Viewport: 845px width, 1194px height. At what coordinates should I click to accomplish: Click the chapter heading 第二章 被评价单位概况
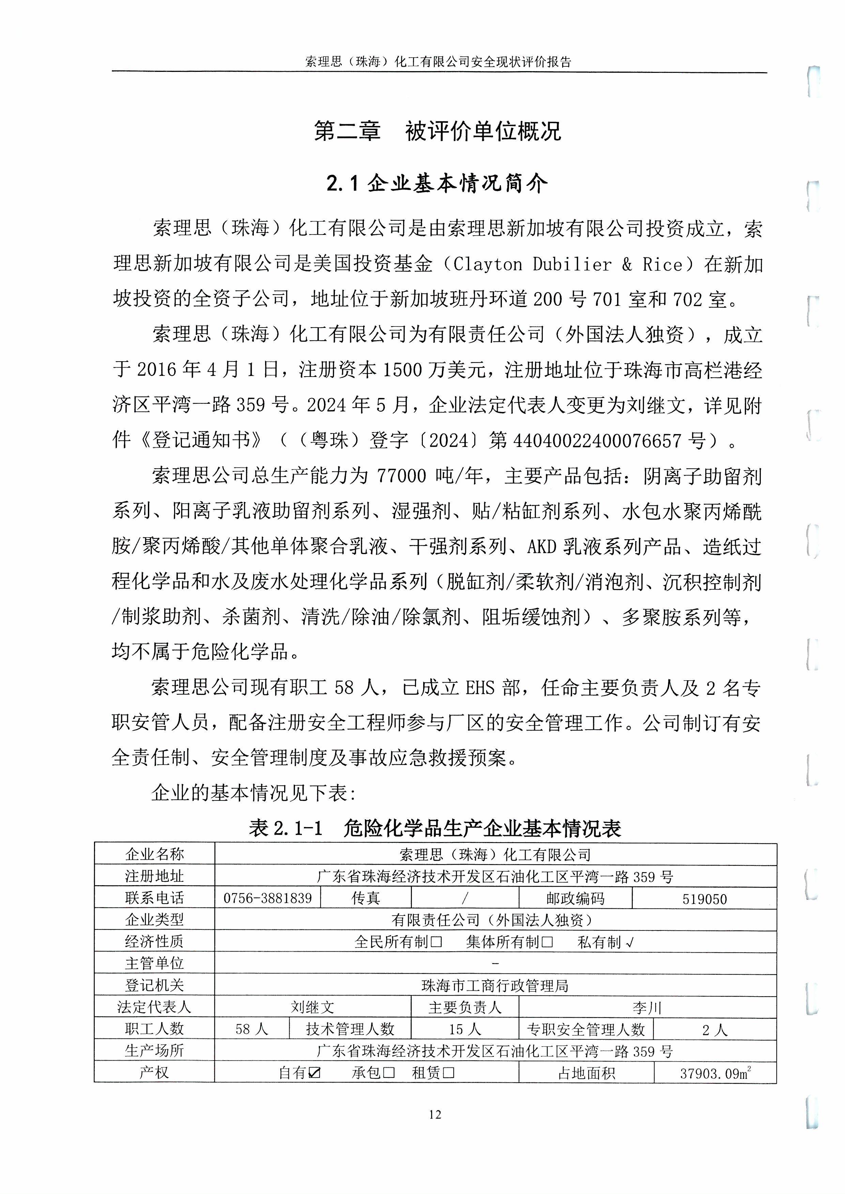(x=437, y=131)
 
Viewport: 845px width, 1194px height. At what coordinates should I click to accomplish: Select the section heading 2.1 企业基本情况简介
(x=437, y=183)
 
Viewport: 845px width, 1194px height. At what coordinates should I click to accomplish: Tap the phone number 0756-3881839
(x=267, y=898)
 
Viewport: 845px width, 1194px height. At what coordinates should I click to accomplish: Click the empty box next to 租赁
(x=448, y=1073)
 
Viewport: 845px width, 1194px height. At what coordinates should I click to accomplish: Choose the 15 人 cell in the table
(x=465, y=1030)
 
